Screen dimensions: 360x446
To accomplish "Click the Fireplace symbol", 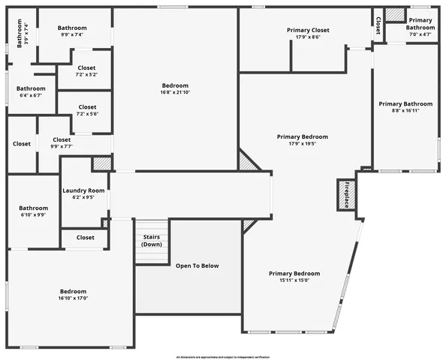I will pos(346,195).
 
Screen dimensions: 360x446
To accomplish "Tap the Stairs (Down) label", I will pos(152,241).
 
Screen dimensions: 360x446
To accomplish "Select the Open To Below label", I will pos(197,266).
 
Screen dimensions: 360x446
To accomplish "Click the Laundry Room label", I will pos(83,190).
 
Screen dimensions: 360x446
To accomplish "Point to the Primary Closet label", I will pos(308,30).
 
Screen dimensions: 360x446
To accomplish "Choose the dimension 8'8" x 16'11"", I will pos(405,111).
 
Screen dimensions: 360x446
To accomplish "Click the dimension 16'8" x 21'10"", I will pos(175,93).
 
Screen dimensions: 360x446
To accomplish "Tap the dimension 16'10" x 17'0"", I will pos(74,298).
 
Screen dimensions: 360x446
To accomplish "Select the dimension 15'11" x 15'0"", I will pos(294,281).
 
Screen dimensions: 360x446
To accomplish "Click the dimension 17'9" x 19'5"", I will pos(302,144).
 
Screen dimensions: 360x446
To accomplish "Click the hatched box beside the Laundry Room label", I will pos(101,163).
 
